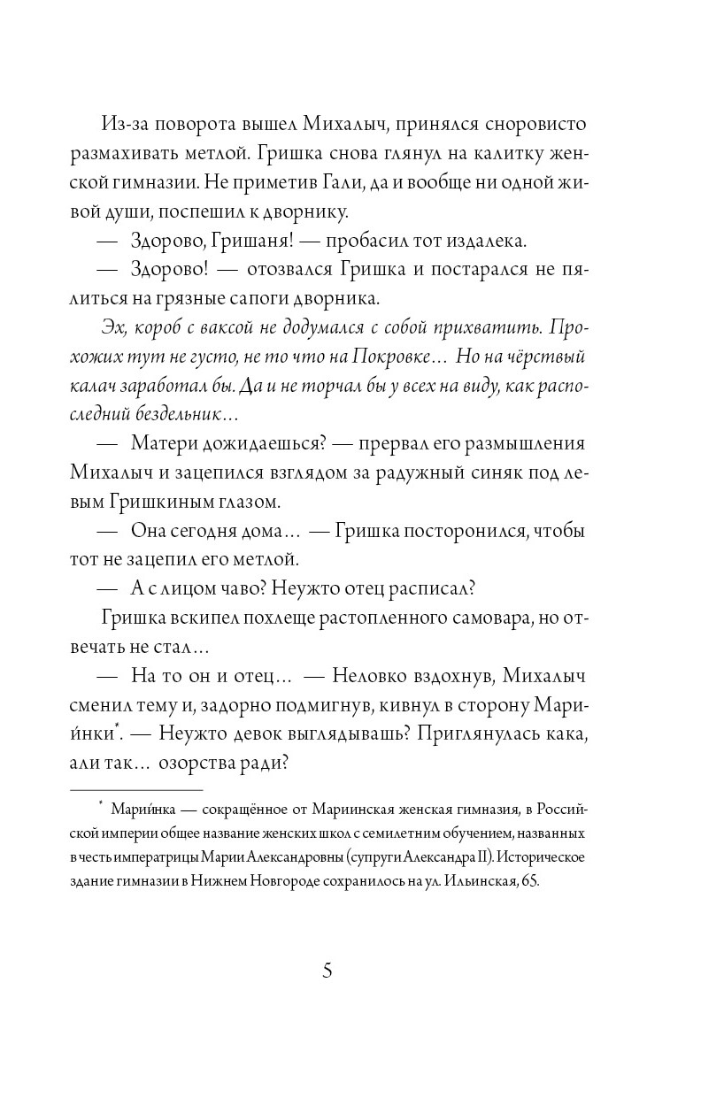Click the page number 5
point(327,971)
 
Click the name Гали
point(379,183)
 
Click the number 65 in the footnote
point(528,881)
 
